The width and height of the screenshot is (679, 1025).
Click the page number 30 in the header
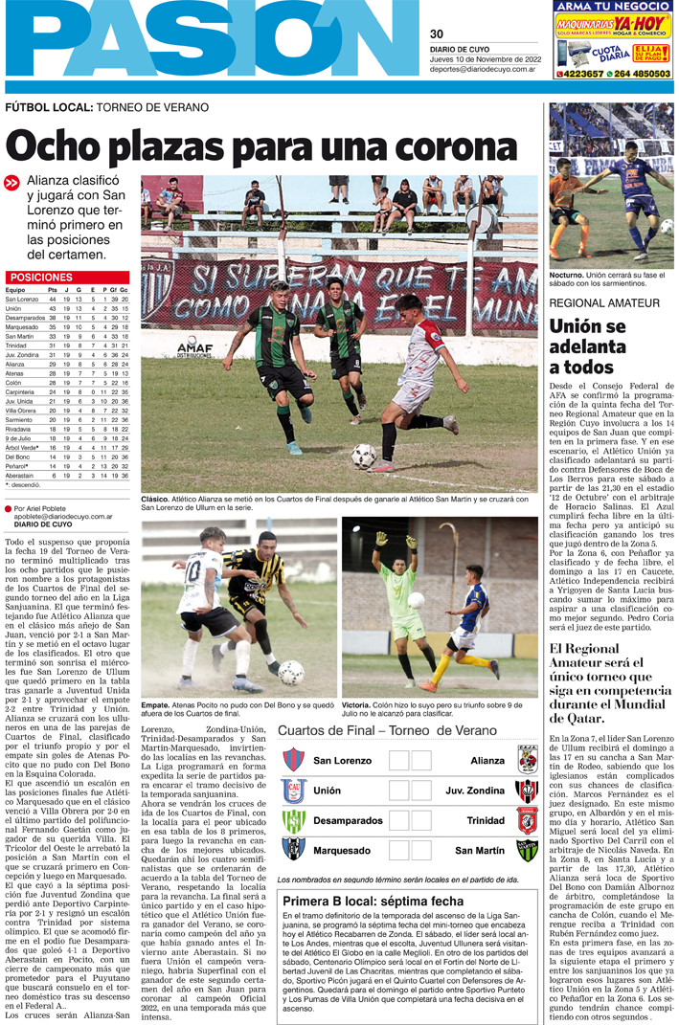pyautogui.click(x=437, y=34)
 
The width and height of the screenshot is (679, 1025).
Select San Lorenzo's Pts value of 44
pyautogui.click(x=52, y=300)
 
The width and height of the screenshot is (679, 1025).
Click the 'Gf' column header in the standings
pyautogui.click(x=115, y=289)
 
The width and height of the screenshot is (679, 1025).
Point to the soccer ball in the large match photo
pyautogui.click(x=363, y=456)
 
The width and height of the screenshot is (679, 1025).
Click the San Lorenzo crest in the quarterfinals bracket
pyautogui.click(x=293, y=761)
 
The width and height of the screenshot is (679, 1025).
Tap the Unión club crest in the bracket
pyautogui.click(x=293, y=791)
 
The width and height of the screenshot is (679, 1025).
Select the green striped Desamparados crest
pyautogui.click(x=293, y=822)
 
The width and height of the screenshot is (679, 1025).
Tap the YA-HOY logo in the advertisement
pyautogui.click(x=643, y=22)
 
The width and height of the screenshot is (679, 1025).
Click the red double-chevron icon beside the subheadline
pyautogui.click(x=11, y=183)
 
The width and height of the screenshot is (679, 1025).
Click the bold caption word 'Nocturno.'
pyautogui.click(x=567, y=275)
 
